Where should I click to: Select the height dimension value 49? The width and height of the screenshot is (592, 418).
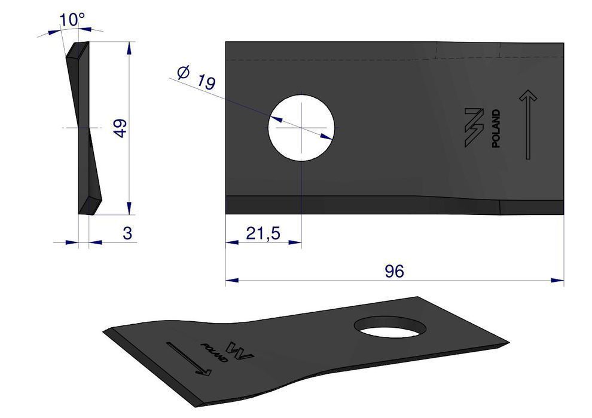[120, 128]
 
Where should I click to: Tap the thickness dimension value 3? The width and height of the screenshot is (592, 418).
[127, 233]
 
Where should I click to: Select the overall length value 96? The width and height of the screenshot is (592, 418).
[395, 271]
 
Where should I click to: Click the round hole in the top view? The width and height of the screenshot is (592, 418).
[301, 127]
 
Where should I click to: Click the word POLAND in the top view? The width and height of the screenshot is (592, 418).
[496, 128]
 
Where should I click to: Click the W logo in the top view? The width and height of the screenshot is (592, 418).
[473, 127]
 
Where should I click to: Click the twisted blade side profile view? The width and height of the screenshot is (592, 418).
[86, 128]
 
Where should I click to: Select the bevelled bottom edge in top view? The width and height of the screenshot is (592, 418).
[359, 204]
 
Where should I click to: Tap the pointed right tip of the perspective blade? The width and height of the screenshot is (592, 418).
[507, 343]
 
